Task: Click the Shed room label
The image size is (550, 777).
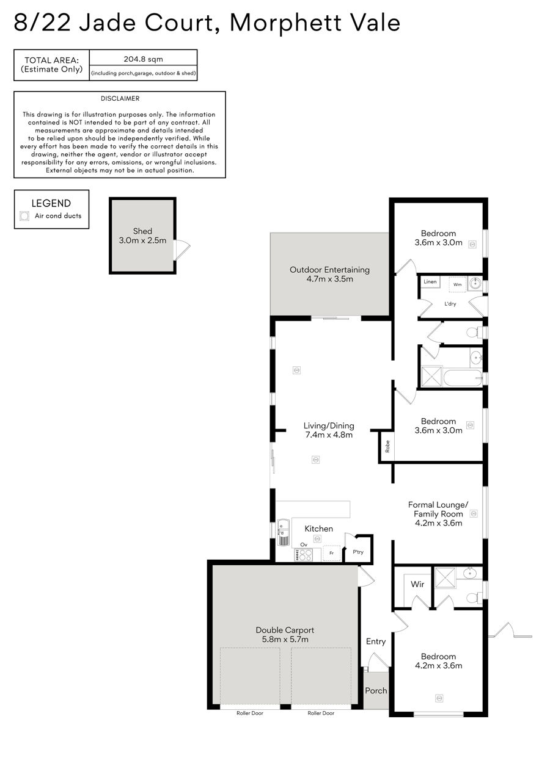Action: pyautogui.click(x=142, y=231)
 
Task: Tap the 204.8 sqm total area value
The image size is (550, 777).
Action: pyautogui.click(x=143, y=59)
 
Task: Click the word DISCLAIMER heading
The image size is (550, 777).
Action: pyautogui.click(x=120, y=98)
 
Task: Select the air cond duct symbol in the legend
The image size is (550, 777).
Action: pyautogui.click(x=24, y=215)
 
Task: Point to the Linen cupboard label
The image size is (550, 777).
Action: pyautogui.click(x=430, y=281)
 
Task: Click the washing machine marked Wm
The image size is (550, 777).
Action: pyautogui.click(x=457, y=284)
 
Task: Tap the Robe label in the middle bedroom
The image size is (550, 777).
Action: pyautogui.click(x=387, y=446)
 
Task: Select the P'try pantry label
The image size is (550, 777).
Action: pyautogui.click(x=358, y=552)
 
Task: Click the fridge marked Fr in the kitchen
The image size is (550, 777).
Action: pyautogui.click(x=331, y=553)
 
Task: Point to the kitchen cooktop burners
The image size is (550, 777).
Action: pyautogui.click(x=303, y=555)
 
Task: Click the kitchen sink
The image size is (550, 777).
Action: pyautogui.click(x=284, y=532)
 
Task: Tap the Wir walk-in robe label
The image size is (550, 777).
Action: pyautogui.click(x=417, y=584)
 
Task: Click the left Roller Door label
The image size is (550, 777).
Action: pyautogui.click(x=250, y=713)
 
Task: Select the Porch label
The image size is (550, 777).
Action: pyautogui.click(x=376, y=690)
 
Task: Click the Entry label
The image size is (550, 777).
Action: pyautogui.click(x=376, y=641)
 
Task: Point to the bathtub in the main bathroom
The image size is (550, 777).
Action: pyautogui.click(x=463, y=377)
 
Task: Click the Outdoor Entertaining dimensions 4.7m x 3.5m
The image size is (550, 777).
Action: pyautogui.click(x=329, y=279)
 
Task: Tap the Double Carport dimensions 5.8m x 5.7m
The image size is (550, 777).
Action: pyautogui.click(x=285, y=639)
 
